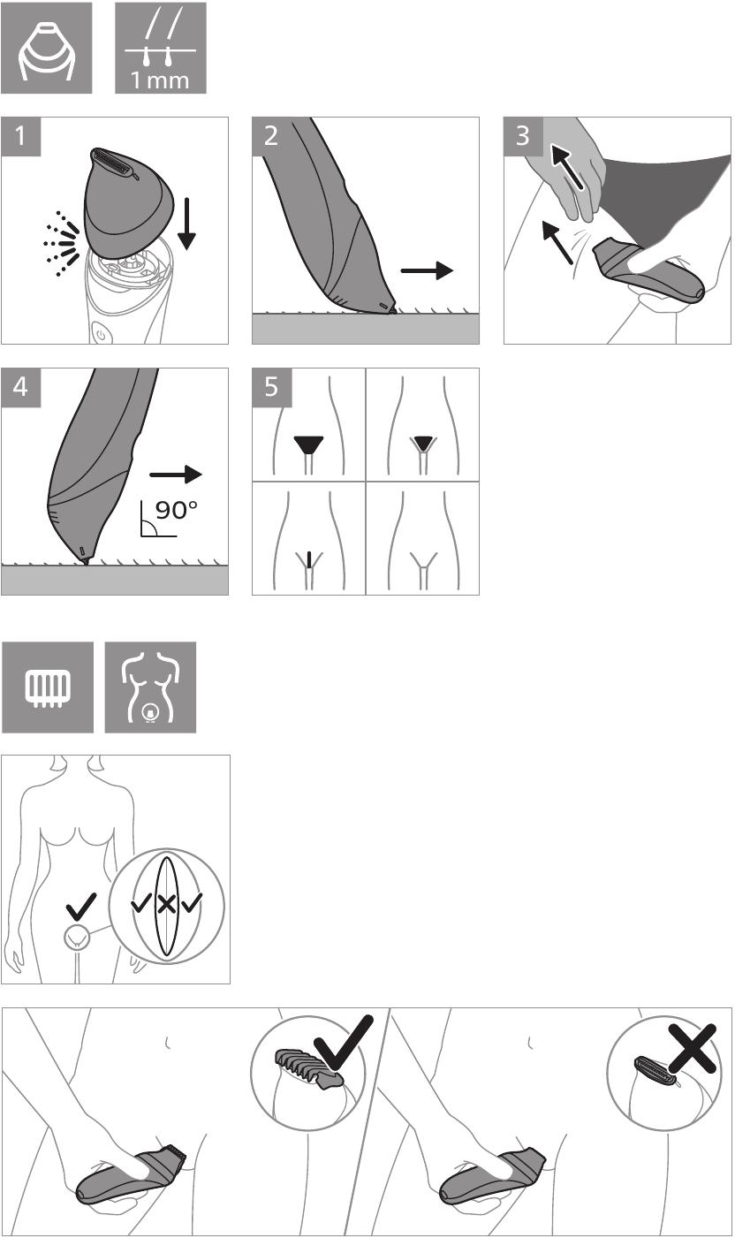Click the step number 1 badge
pyautogui.click(x=19, y=136)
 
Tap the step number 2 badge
pyautogui.click(x=270, y=136)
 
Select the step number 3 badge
pyautogui.click(x=522, y=136)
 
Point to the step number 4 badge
pyautogui.click(x=19, y=387)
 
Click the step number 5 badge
pyautogui.click(x=270, y=387)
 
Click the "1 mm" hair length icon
pyautogui.click(x=161, y=48)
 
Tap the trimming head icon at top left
pyautogui.click(x=47, y=48)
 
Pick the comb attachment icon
pyautogui.click(x=47, y=687)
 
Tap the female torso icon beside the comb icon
pyautogui.click(x=150, y=687)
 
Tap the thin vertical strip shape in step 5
pyautogui.click(x=309, y=559)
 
